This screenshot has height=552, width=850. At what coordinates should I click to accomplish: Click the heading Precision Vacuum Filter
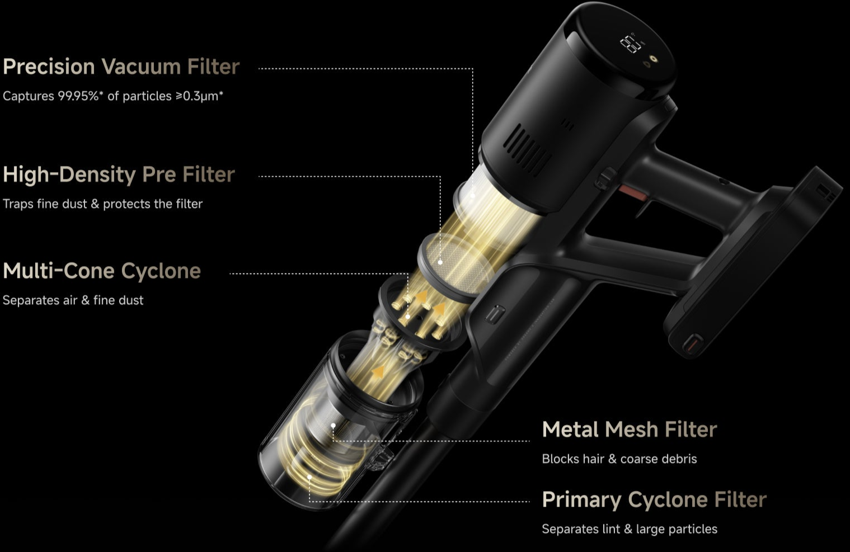[121, 67]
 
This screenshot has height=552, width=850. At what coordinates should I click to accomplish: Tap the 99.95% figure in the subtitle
[78, 96]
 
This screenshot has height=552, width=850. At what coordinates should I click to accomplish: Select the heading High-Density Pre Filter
[119, 174]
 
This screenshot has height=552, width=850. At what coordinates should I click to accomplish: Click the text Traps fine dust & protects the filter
[102, 204]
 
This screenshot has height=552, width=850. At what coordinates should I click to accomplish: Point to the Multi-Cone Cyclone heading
[102, 271]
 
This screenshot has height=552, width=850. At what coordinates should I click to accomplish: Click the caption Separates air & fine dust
[73, 300]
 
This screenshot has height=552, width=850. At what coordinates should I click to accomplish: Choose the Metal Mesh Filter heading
[630, 430]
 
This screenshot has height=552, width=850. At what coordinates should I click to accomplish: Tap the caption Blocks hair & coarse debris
[619, 459]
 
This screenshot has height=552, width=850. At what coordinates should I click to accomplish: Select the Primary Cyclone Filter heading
[654, 499]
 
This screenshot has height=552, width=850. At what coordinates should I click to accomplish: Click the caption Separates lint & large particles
[630, 529]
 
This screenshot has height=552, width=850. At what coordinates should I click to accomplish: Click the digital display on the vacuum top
[631, 44]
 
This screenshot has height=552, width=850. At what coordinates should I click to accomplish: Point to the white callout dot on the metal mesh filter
[333, 426]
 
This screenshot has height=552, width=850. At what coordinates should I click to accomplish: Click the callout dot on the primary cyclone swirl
[309, 477]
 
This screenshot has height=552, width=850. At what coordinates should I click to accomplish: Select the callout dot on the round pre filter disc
[440, 262]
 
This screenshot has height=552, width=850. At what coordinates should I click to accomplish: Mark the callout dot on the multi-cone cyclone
[407, 317]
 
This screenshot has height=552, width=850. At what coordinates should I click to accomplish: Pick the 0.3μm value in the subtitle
[200, 96]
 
